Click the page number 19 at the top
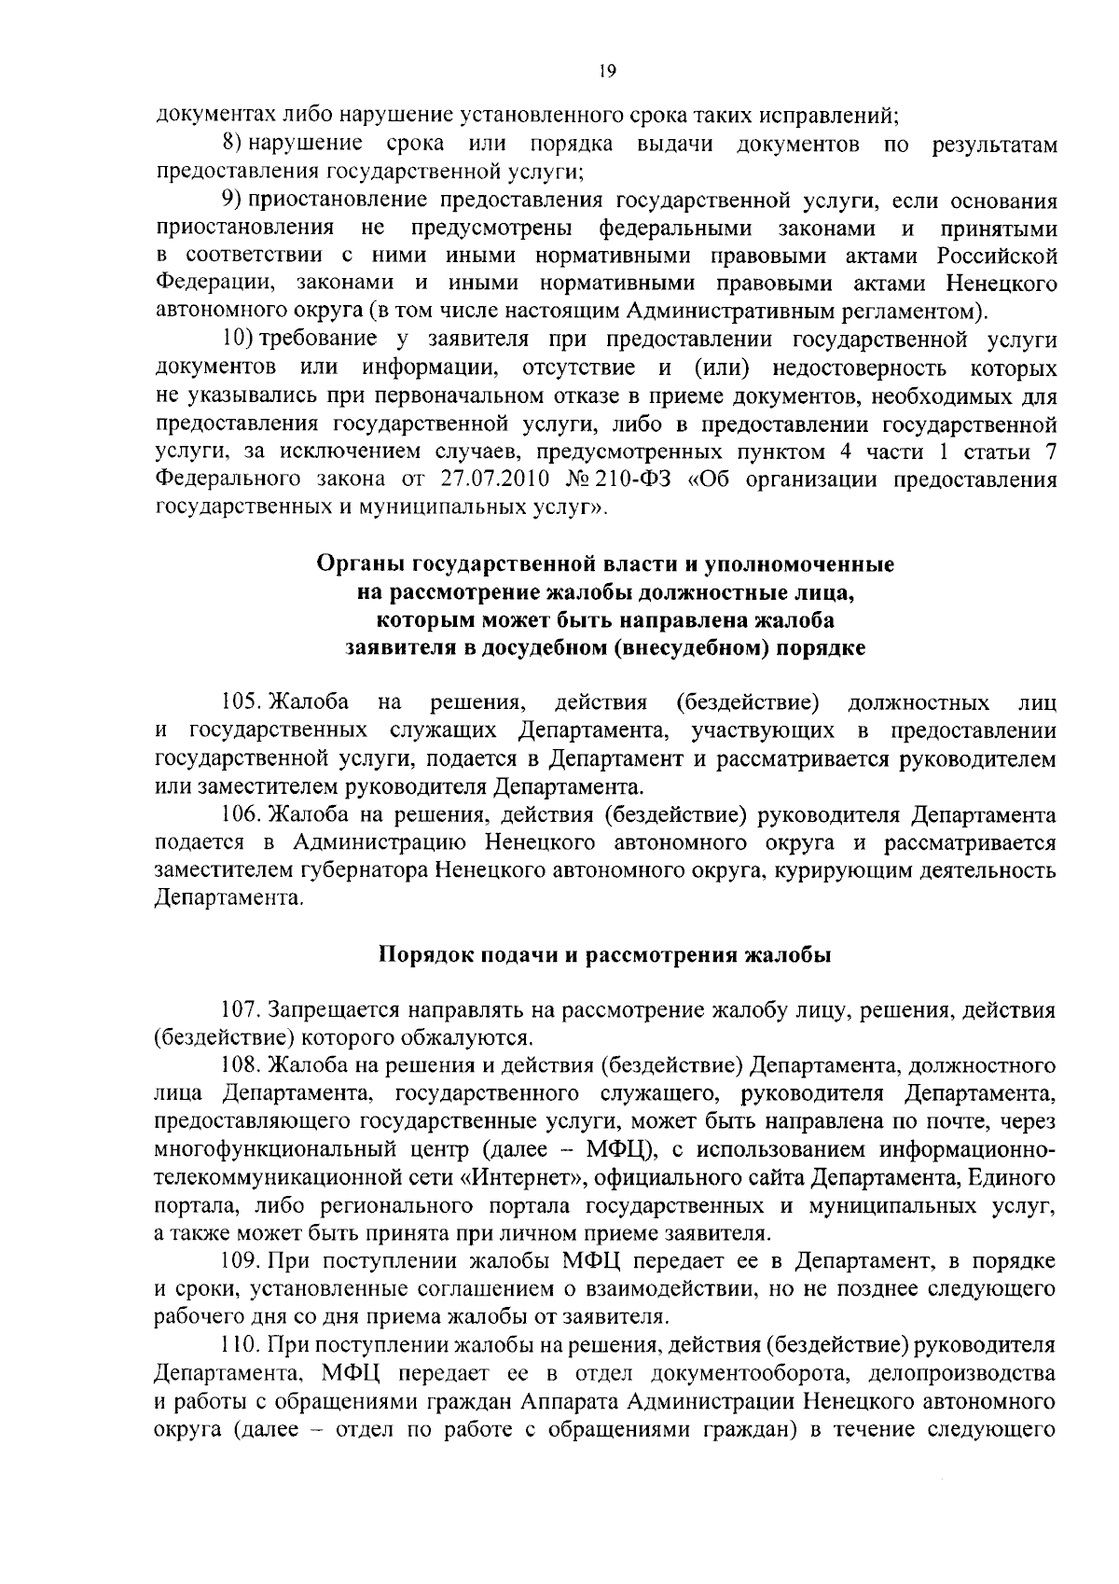[x=605, y=71]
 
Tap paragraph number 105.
[x=239, y=702]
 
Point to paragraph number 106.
[x=239, y=815]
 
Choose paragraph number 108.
[x=239, y=1064]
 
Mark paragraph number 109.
[x=239, y=1261]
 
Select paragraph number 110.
[x=239, y=1344]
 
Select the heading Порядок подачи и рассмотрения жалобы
[x=604, y=955]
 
